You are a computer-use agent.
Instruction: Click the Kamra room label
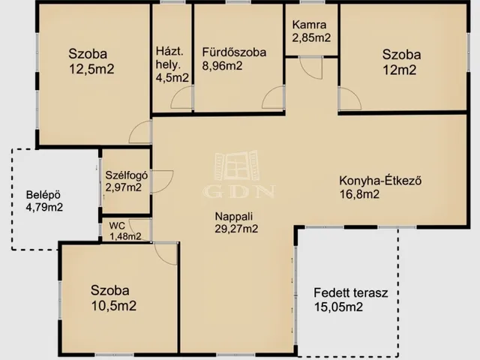coord(309,25)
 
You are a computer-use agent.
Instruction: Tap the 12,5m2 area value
coord(91,69)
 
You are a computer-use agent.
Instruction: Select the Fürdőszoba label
coord(234,52)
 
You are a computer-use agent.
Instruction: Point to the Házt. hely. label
coord(169,58)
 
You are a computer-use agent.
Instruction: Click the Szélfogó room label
coord(127,175)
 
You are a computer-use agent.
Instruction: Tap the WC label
coord(117,226)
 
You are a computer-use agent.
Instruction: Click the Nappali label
coord(233,217)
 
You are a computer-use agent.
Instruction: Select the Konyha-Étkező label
coord(380,180)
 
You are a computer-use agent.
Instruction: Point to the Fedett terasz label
coord(351,293)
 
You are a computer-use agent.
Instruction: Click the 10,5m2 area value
coord(114,305)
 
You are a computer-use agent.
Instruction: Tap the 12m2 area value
coord(400,70)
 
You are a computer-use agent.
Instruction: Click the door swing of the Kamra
coord(311,68)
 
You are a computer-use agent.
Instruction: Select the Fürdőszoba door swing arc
coord(273,97)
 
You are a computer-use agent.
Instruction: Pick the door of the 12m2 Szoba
coord(350,99)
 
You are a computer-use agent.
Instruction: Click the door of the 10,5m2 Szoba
coord(166,253)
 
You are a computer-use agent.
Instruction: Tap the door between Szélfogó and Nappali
coord(162,181)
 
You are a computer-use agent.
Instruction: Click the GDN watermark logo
coord(238,174)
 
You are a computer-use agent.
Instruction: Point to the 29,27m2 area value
coord(236,229)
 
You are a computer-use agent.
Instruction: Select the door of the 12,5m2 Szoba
coord(140,132)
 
